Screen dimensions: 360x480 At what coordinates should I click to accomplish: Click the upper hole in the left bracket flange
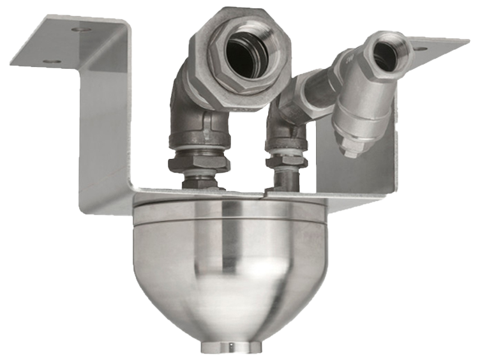click(x=80, y=29)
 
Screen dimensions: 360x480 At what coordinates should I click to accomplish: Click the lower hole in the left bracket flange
click(x=53, y=62)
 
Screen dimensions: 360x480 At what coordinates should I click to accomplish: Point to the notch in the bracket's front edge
click(x=264, y=191)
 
